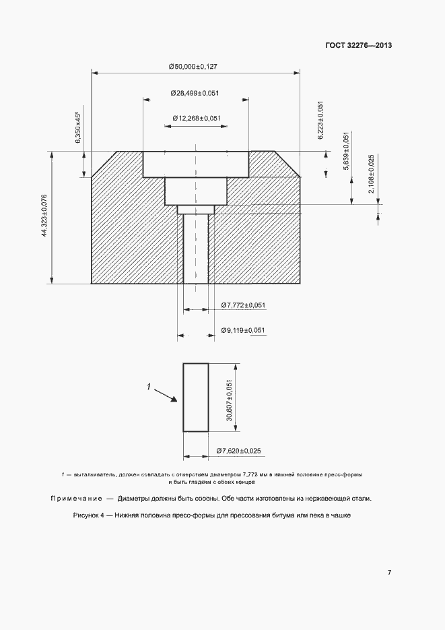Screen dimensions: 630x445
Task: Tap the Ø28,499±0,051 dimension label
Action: pyautogui.click(x=195, y=92)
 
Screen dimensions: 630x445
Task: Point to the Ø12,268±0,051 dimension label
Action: pyautogui.click(x=197, y=118)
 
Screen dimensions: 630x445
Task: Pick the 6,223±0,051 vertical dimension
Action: pyautogui.click(x=321, y=120)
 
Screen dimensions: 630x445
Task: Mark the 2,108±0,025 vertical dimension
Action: pyautogui.click(x=372, y=174)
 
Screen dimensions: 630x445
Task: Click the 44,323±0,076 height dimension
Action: pyautogui.click(x=45, y=216)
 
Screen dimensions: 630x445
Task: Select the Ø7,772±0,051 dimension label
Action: pyautogui.click(x=243, y=305)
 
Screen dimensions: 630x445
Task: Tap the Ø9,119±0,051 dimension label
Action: pyautogui.click(x=243, y=330)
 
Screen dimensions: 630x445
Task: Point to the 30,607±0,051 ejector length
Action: pyautogui.click(x=229, y=400)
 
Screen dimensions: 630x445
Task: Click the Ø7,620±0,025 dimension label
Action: pyautogui.click(x=238, y=450)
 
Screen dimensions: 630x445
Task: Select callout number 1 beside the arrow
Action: pyautogui.click(x=149, y=387)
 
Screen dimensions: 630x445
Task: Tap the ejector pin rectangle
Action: pyautogui.click(x=196, y=398)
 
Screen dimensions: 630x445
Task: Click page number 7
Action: pyautogui.click(x=390, y=572)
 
